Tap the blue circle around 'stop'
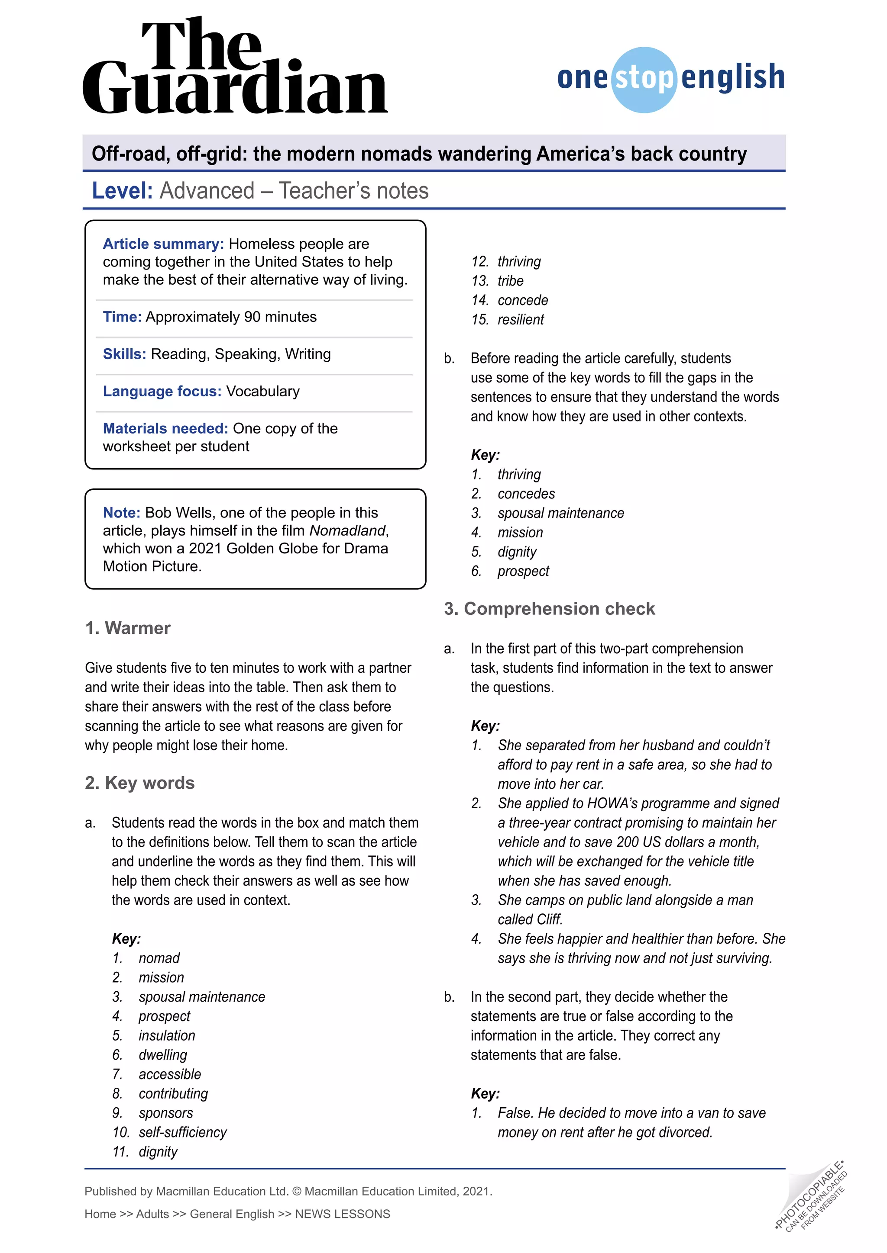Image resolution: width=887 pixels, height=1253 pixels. tap(644, 80)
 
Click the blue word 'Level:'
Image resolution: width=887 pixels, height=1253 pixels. tap(122, 191)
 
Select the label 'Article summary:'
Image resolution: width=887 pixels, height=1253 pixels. tap(163, 244)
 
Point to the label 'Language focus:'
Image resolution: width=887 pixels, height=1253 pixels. tap(162, 391)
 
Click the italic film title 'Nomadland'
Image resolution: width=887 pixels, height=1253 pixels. tap(347, 530)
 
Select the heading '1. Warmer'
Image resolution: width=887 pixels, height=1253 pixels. tap(128, 628)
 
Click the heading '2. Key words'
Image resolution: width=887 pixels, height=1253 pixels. tap(140, 783)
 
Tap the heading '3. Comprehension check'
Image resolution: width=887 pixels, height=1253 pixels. tap(550, 608)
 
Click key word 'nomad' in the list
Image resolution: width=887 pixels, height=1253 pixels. tap(159, 958)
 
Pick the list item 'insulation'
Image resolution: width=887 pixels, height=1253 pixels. tap(167, 1036)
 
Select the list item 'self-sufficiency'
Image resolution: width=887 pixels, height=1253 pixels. tap(182, 1132)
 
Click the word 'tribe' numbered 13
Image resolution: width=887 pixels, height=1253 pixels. tap(510, 281)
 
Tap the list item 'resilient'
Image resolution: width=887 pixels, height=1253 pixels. tap(521, 320)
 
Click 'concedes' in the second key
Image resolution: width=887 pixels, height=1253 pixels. tap(526, 494)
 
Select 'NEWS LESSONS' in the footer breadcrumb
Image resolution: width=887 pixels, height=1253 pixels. tap(343, 1214)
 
